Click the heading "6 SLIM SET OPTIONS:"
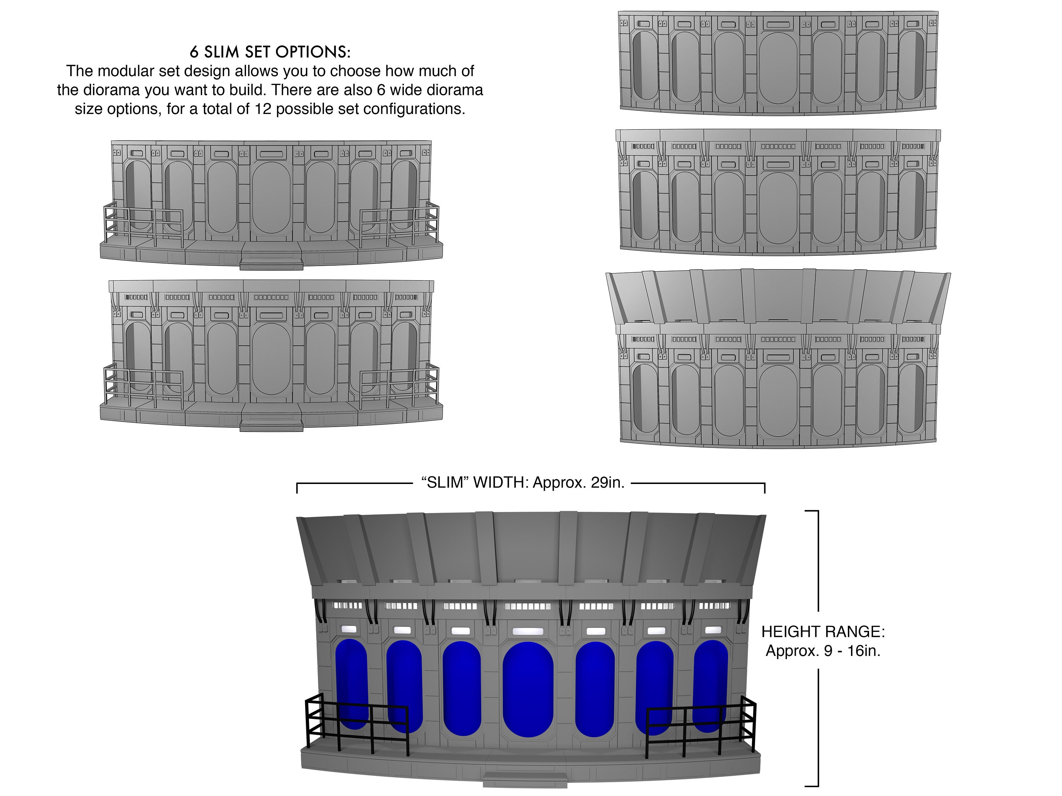(x=270, y=52)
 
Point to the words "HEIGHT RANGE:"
(x=823, y=631)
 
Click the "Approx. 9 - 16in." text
(x=823, y=651)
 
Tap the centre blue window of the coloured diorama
(x=528, y=690)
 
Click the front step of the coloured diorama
(x=525, y=780)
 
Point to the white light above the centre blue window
(x=528, y=631)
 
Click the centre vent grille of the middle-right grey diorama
(x=778, y=146)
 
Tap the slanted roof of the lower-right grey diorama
(x=778, y=295)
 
